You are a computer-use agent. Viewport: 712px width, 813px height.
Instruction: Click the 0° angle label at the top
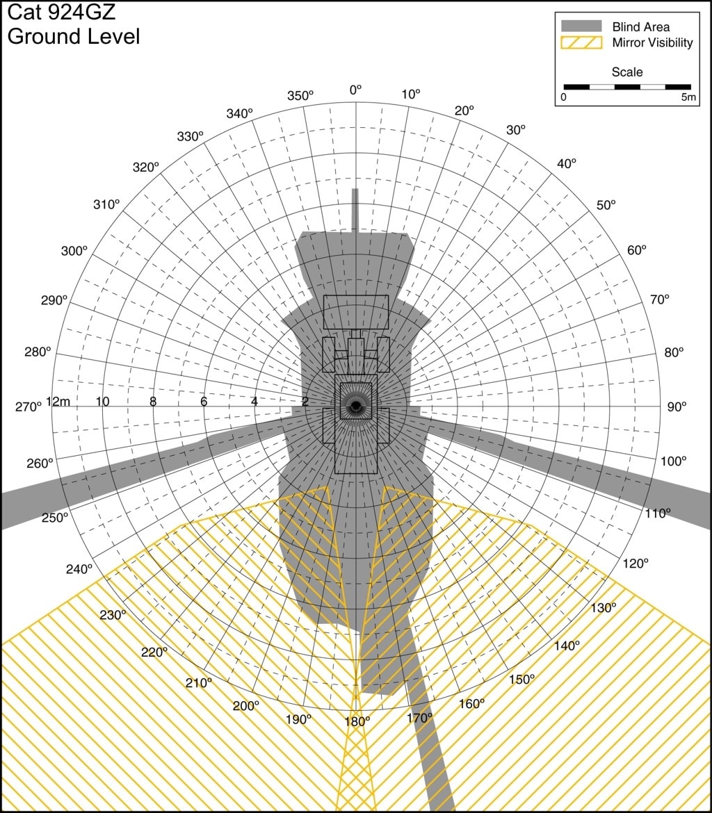pos(355,90)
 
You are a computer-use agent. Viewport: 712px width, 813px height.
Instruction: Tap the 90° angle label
pos(677,407)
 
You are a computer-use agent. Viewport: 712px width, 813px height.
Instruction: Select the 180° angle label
pos(357,721)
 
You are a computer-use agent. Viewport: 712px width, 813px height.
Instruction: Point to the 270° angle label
pos(28,407)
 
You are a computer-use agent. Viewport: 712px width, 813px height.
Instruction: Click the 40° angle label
pos(567,163)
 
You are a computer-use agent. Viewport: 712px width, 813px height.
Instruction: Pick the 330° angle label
pos(190,136)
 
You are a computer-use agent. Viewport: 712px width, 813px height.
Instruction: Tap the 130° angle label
pos(603,608)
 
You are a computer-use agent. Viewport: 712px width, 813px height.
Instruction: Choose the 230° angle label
pos(113,615)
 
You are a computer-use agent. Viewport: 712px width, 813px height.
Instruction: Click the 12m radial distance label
pos(58,402)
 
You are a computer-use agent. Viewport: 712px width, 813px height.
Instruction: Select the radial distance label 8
pos(153,402)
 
